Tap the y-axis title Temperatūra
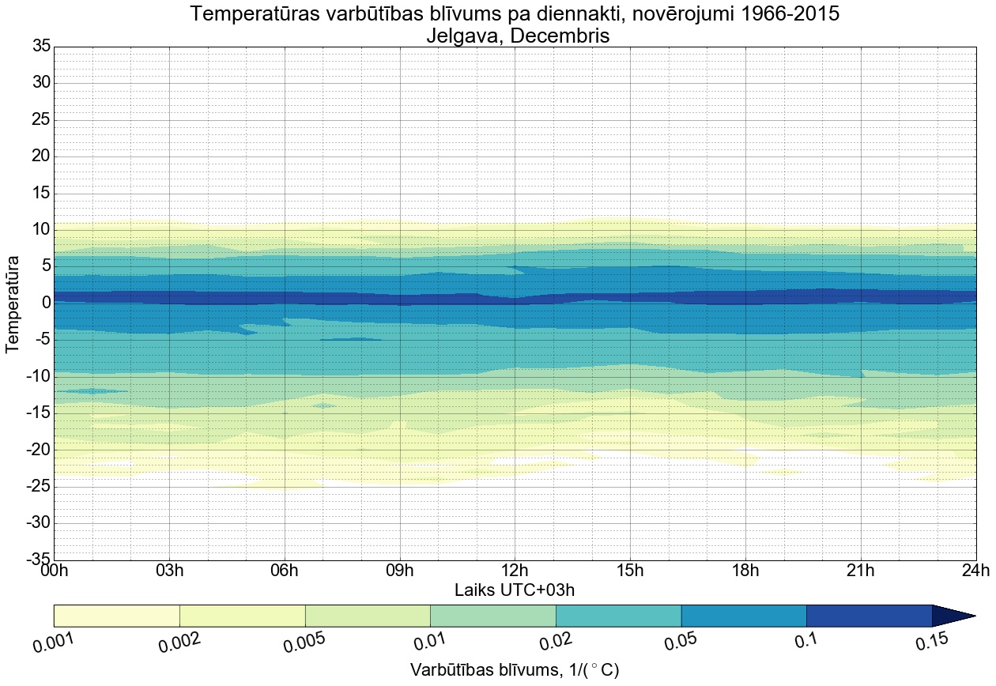(13, 303)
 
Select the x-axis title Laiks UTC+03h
(515, 590)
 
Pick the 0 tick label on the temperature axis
(47, 303)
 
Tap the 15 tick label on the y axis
(41, 193)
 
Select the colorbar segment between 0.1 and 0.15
(869, 616)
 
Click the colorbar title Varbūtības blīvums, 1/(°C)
(515, 669)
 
